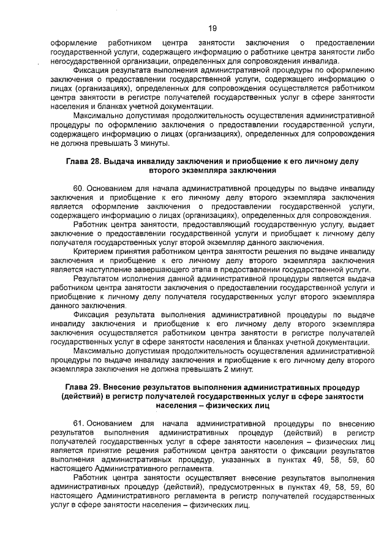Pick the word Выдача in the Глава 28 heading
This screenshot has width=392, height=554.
121,161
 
